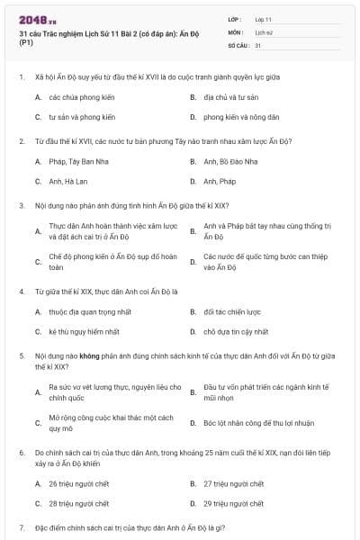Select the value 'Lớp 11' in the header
(x=264, y=18)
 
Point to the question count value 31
(x=258, y=44)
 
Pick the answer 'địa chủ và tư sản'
(x=229, y=96)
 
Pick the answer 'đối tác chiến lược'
(x=232, y=312)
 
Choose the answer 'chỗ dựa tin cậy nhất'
(x=237, y=332)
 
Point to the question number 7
(x=22, y=526)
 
